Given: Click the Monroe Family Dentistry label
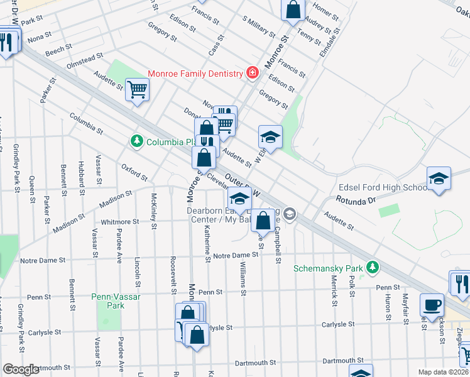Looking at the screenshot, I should [195, 74].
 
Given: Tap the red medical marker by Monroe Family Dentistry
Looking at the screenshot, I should [252, 73].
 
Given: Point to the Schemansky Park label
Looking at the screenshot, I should [330, 268].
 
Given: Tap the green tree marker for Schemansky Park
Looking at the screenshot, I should [373, 268].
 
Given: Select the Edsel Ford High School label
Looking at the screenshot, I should [383, 188].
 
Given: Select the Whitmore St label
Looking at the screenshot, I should [119, 222].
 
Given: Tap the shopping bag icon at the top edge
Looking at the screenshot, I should [293, 9].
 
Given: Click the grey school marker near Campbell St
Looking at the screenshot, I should [288, 214].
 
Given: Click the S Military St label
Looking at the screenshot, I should [258, 27].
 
